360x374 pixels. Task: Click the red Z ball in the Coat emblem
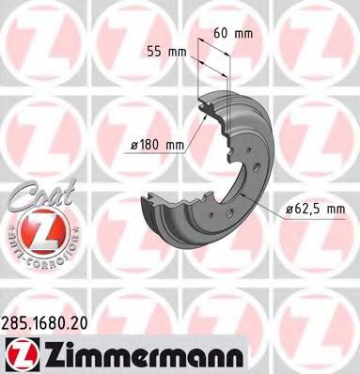tap(35, 228)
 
